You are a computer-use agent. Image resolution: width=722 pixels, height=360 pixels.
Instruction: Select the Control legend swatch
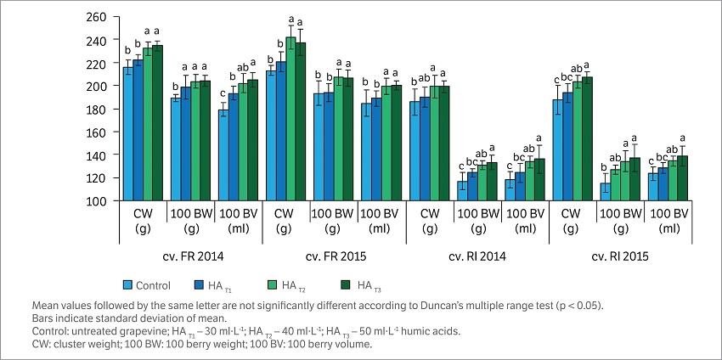128,285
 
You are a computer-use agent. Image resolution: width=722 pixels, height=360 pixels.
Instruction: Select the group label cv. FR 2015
332,253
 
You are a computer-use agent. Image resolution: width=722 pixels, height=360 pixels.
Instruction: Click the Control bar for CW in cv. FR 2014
128,134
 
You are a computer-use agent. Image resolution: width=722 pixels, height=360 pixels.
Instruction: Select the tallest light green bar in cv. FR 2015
290,119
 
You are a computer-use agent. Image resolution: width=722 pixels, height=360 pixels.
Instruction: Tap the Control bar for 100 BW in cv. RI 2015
606,192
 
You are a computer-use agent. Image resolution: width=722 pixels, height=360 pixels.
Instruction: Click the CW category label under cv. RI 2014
430,218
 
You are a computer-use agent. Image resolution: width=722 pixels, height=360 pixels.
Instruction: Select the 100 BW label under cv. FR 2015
332,218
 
